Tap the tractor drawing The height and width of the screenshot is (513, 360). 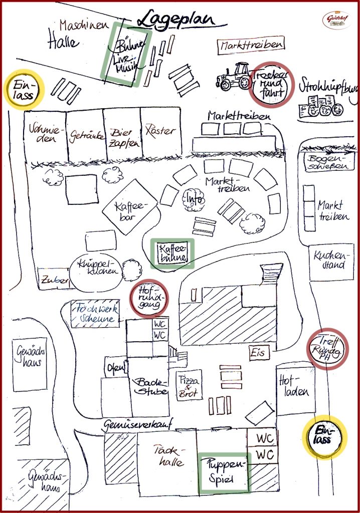(x=234, y=76)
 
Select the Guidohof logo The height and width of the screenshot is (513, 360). (x=335, y=20)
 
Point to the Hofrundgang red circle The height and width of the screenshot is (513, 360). (x=149, y=299)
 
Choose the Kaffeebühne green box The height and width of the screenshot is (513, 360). (x=172, y=253)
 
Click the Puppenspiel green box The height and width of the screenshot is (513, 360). (x=224, y=472)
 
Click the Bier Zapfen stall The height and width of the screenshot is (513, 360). (x=122, y=134)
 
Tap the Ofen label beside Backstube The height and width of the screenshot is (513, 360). (x=116, y=368)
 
